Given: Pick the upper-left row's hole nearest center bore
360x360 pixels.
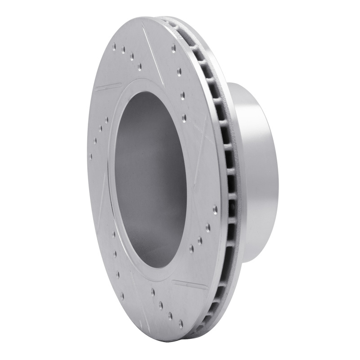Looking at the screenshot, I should pyautogui.click(x=139, y=66).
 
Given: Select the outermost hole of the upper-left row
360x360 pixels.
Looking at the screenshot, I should pyautogui.click(x=114, y=46).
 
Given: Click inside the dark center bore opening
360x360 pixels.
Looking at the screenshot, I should pyautogui.click(x=148, y=180).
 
